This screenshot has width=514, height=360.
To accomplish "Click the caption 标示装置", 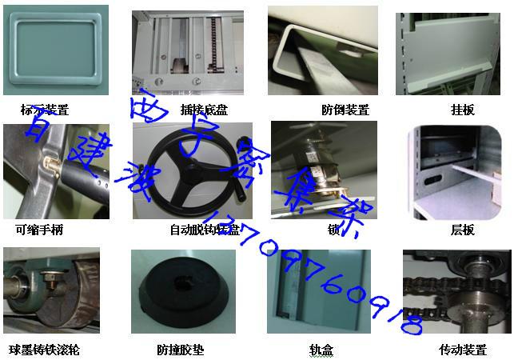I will pos(45,110).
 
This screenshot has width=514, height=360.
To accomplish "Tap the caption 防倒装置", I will pos(345,110).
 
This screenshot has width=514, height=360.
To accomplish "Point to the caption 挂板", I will pos(462,110).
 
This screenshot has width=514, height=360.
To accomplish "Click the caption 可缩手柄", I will pos(39,230).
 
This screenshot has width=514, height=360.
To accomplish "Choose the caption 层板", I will pos(462,230).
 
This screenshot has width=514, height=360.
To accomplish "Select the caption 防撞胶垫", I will pos(181,350).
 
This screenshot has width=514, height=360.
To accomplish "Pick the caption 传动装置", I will pos(462,350).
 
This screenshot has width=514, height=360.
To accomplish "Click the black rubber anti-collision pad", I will pos(183,293).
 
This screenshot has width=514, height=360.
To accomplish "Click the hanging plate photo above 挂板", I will pos(452,51).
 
